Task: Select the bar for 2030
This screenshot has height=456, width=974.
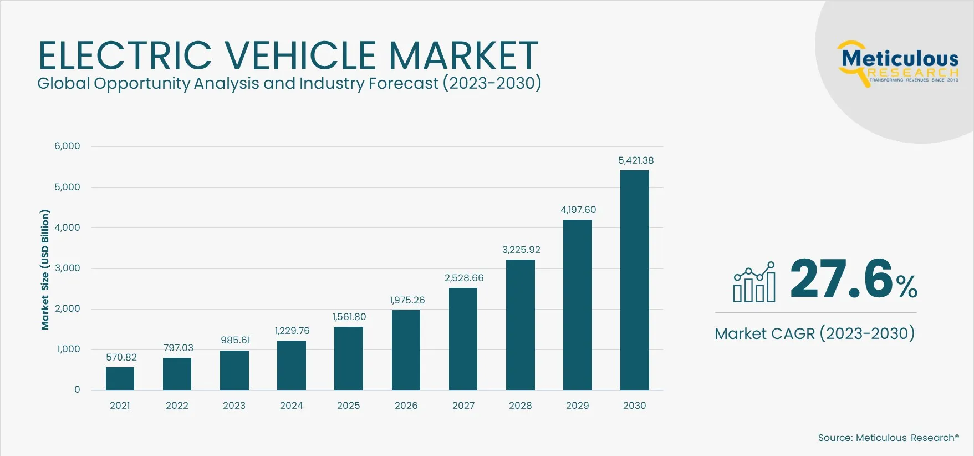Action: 634,280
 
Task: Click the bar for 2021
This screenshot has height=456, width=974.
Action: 120,378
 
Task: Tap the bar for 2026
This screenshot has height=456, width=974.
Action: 406,350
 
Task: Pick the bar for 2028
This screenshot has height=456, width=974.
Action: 520,325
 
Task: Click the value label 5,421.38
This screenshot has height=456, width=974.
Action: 636,160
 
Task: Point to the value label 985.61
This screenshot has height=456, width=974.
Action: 235,340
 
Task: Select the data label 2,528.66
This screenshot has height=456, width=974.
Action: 464,278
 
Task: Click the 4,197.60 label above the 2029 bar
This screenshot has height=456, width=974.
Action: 578,210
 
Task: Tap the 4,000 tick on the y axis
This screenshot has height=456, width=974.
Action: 67,227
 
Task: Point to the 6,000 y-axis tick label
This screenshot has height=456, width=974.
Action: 67,146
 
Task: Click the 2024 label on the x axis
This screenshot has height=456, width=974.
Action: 291,406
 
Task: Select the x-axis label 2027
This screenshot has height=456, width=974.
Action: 463,406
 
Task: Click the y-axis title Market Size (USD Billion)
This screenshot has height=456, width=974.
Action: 45,270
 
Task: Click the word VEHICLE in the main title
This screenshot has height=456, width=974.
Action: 300,55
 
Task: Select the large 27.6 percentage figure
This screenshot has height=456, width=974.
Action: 841,279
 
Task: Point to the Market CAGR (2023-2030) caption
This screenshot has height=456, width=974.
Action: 814,333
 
